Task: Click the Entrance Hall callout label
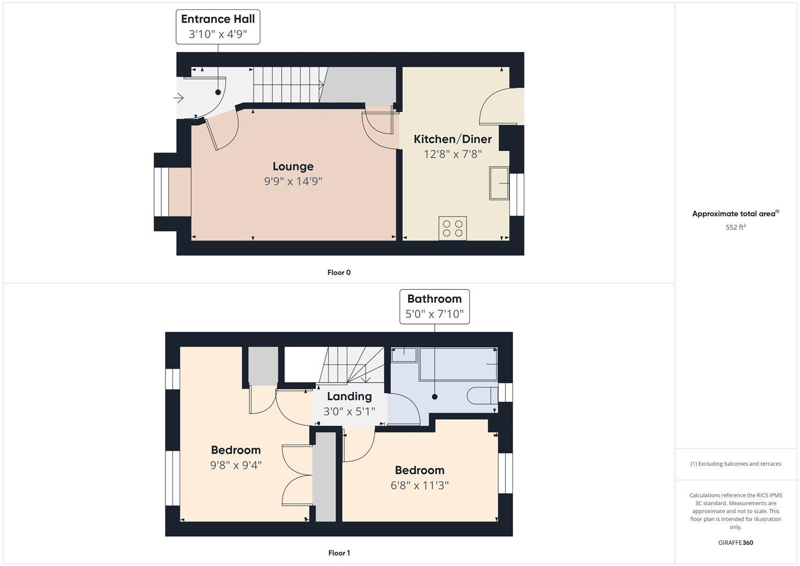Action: point(218,27)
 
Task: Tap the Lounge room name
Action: point(293,166)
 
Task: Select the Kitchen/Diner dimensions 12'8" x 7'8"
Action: point(452,154)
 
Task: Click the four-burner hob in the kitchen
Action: point(453,228)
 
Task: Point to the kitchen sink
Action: point(499,183)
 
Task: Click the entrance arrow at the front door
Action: point(179,98)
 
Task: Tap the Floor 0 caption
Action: point(339,273)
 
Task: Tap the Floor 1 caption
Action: point(339,553)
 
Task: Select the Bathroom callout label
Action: point(434,307)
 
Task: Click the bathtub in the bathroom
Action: point(458,364)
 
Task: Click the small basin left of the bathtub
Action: point(404,355)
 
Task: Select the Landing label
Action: point(349,396)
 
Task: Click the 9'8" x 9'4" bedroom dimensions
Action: point(236,465)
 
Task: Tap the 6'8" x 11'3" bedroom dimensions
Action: point(420,485)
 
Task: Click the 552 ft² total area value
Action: point(736,227)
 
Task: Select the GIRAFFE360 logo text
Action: point(736,543)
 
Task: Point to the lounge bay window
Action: point(162,192)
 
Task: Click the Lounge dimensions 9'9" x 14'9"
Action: point(293,181)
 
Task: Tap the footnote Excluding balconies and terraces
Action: point(736,464)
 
